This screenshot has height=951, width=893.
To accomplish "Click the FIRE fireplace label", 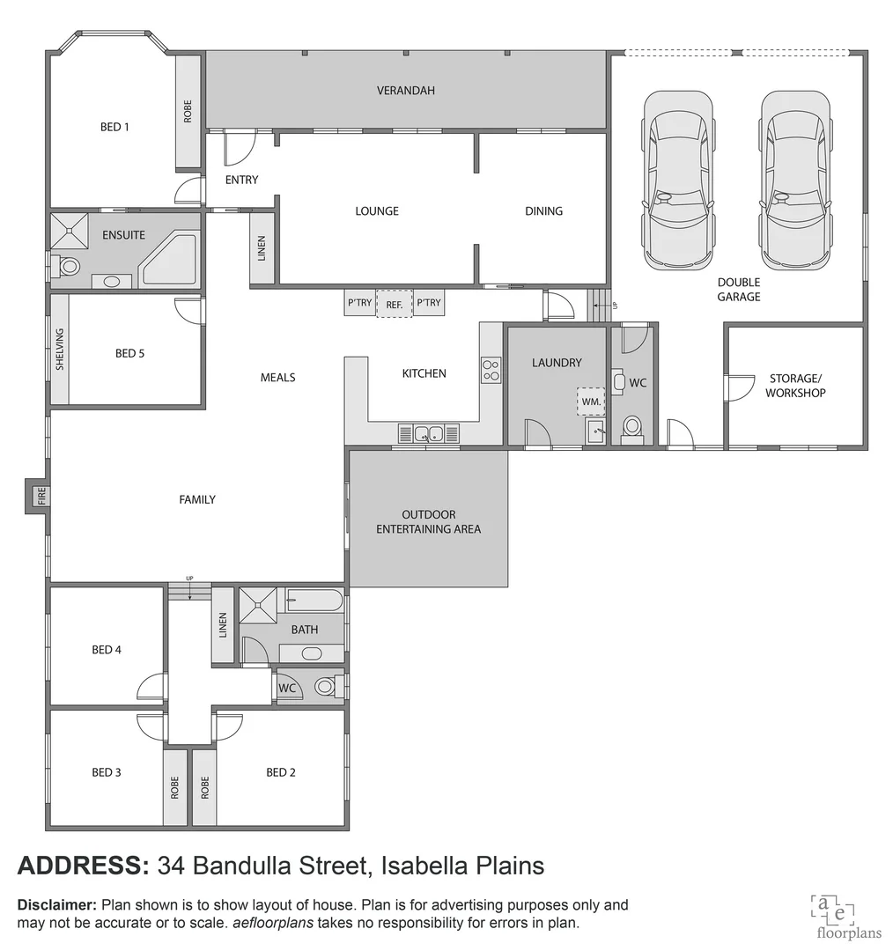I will click(40, 497).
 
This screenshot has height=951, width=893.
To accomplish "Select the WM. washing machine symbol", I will click(591, 402).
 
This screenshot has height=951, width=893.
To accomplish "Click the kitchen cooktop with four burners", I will click(491, 369).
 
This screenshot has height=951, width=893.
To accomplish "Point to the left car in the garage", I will click(677, 181).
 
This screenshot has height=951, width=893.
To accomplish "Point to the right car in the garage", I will click(795, 181).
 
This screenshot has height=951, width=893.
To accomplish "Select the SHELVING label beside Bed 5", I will click(60, 349).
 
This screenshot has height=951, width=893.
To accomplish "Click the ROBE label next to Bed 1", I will click(188, 112).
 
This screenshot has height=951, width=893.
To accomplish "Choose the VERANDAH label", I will click(406, 91).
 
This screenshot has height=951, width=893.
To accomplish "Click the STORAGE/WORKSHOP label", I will click(795, 386).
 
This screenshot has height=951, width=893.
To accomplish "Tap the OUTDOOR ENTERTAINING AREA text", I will click(429, 521).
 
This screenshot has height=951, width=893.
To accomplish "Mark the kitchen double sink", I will click(429, 432).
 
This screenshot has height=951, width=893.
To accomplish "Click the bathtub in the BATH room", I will click(314, 601).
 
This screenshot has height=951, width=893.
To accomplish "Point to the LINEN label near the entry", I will click(262, 248).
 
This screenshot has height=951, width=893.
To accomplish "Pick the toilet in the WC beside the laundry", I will click(632, 427).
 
